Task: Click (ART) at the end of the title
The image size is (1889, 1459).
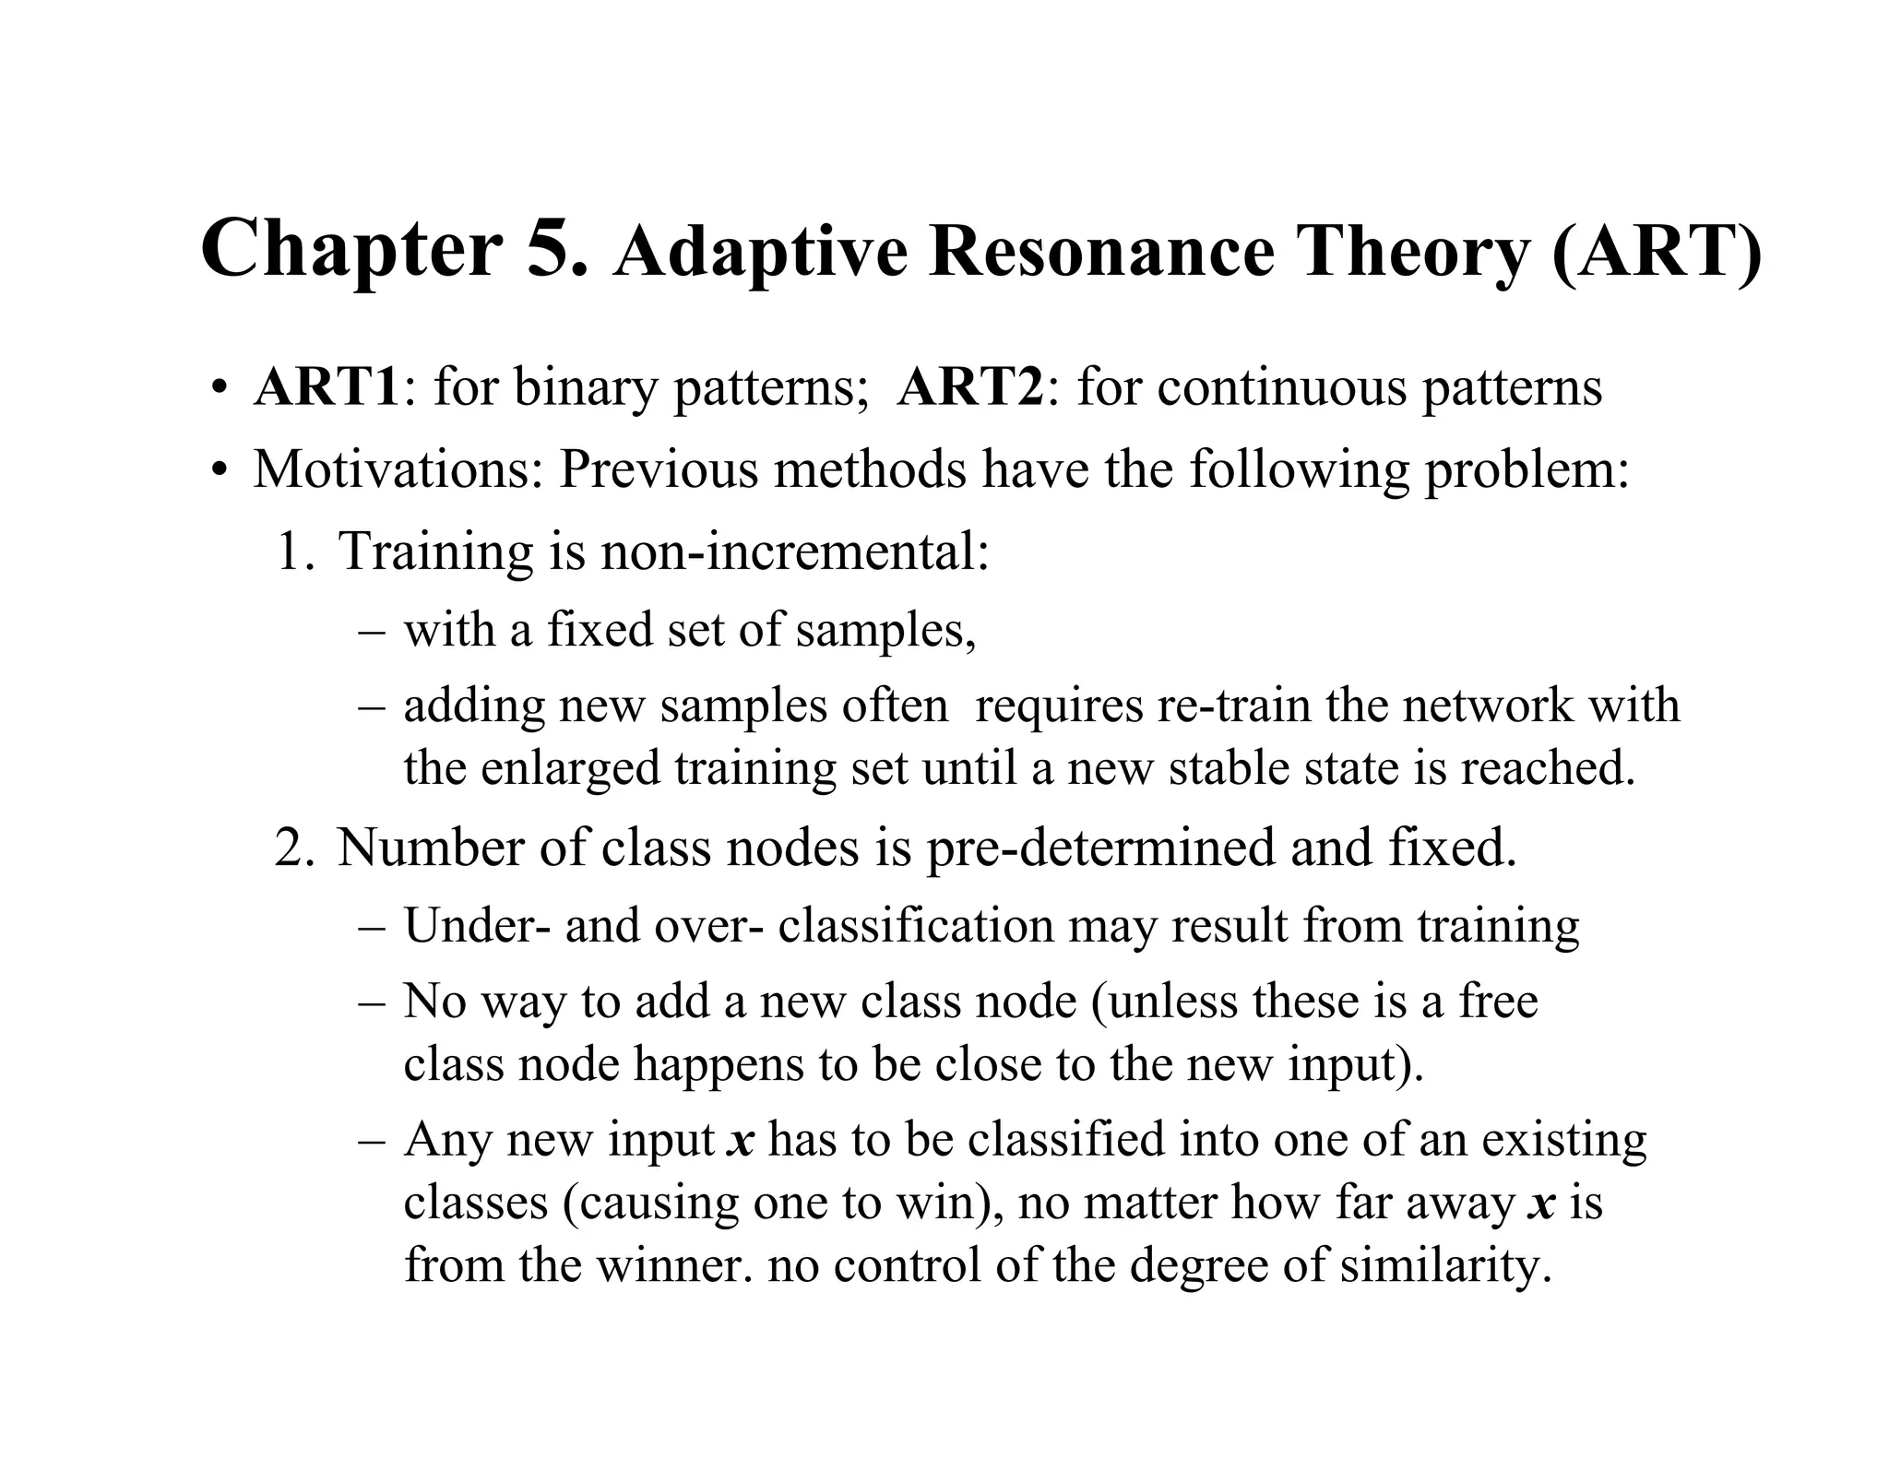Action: (1656, 252)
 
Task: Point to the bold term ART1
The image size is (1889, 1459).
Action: (327, 386)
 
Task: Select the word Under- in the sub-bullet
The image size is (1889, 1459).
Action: (477, 925)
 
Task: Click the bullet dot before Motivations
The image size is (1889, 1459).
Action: (219, 470)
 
